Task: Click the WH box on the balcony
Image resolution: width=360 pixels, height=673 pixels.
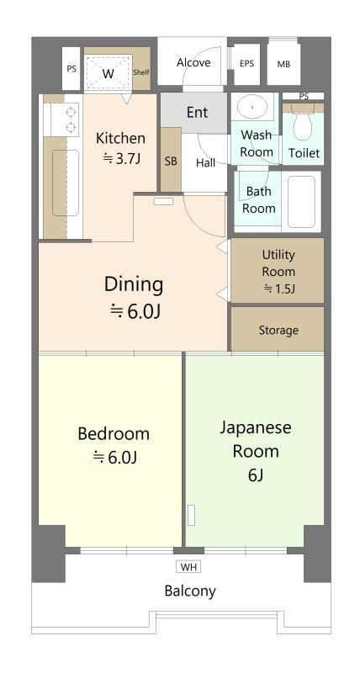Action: pos(188,567)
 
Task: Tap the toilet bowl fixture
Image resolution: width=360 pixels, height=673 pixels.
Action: pos(304,125)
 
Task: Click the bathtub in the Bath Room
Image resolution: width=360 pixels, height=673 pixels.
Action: pos(301,201)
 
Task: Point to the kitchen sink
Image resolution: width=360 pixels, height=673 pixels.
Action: pos(66,183)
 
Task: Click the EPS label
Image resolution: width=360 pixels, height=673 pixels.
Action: pos(246,64)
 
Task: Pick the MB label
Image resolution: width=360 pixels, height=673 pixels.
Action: pos(283,65)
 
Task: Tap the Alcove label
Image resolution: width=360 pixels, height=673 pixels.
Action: pos(193,62)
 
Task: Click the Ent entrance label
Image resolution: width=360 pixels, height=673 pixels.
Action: pos(198,113)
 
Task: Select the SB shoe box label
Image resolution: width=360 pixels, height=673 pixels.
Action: pos(171,162)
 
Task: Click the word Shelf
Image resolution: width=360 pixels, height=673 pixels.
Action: pos(141,72)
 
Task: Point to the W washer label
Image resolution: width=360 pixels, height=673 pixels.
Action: pos(109,74)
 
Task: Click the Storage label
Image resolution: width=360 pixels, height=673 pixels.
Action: pos(278,330)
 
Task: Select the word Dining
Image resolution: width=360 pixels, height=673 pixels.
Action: pos(134,285)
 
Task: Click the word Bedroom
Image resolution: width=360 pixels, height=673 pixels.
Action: pos(114,434)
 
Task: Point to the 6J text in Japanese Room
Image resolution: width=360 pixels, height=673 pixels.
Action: pos(256,475)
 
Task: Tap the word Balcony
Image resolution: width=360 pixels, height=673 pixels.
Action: pos(190,591)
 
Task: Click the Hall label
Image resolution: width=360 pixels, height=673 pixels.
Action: pos(206,162)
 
